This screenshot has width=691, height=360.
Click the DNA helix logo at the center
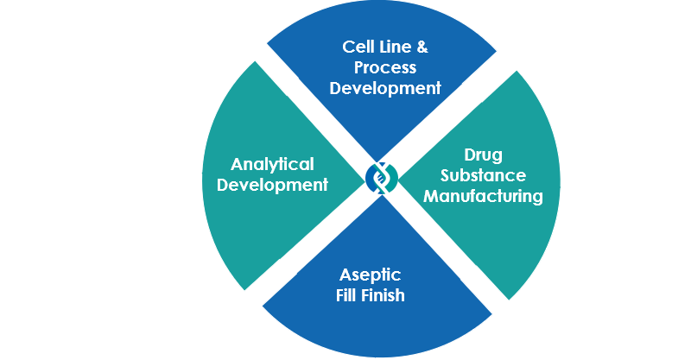pyautogui.click(x=382, y=178)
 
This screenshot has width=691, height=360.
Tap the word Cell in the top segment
pyautogui.click(x=356, y=47)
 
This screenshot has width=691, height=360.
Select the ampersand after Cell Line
pyautogui.click(x=422, y=47)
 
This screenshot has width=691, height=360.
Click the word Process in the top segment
pyautogui.click(x=385, y=67)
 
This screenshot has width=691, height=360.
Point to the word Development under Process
pyautogui.click(x=385, y=88)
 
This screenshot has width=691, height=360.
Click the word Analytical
pyautogui.click(x=272, y=165)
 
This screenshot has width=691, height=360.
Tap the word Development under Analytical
pyautogui.click(x=272, y=185)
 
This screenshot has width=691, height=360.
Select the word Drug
pyautogui.click(x=483, y=155)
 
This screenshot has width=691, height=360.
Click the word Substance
pyautogui.click(x=483, y=175)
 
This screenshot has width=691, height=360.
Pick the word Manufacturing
pyautogui.click(x=483, y=196)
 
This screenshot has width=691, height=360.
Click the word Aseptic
pyautogui.click(x=371, y=275)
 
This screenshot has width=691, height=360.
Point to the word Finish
pyautogui.click(x=382, y=295)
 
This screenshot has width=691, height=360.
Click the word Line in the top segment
pyautogui.click(x=392, y=47)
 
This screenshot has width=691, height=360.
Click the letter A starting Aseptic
pyautogui.click(x=345, y=275)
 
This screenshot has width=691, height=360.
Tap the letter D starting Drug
pyautogui.click(x=469, y=155)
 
